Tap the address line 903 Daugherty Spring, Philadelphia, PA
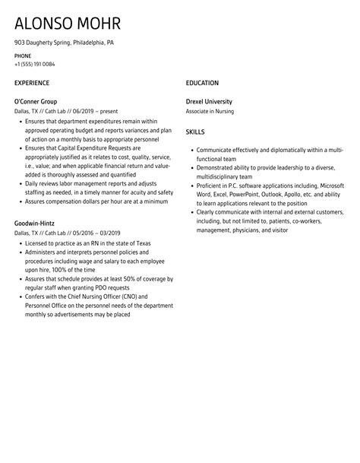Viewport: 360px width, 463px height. (x=65, y=43)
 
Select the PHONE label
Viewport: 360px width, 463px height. (x=24, y=56)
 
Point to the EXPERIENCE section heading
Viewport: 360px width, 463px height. (x=32, y=83)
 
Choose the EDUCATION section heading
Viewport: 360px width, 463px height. (x=202, y=83)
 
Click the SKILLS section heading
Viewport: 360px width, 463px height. (x=195, y=132)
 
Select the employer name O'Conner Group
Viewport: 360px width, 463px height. (x=36, y=101)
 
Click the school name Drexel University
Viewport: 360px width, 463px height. (x=210, y=101)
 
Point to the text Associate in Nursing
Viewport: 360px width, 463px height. (x=209, y=111)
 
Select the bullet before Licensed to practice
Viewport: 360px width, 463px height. (x=19, y=243)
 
